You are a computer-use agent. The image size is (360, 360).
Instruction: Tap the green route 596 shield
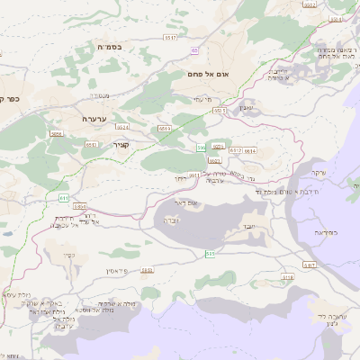click(x=202, y=146)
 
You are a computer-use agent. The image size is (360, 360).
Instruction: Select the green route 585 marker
click(x=210, y=256)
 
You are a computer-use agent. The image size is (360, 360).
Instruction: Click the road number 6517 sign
click(x=170, y=38)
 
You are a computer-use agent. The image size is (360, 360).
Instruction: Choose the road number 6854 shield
click(x=57, y=133)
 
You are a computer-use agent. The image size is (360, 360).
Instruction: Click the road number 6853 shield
click(x=79, y=206)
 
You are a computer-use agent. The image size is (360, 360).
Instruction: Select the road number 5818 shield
click(x=287, y=278)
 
